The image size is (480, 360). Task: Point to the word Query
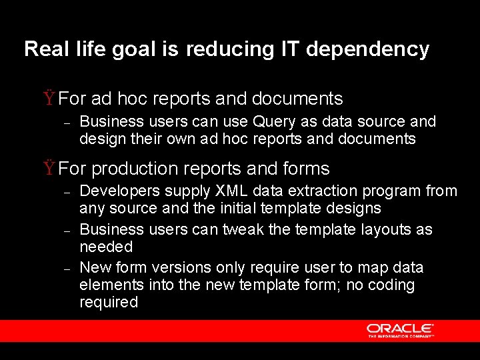pos(277,121)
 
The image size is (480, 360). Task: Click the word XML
pos(231,191)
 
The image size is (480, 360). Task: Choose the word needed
pos(106,247)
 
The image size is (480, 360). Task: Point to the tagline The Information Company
pos(401,336)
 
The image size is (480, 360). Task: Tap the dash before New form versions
pos(67,269)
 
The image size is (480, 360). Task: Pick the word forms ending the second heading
pos(307,169)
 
